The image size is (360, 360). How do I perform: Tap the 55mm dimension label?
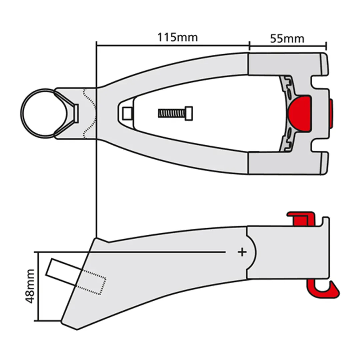click(x=287, y=38)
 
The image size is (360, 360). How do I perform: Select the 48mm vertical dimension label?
click(x=30, y=286)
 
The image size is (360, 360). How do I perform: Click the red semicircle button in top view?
click(x=300, y=113)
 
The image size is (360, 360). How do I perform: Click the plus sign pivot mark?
click(x=242, y=252)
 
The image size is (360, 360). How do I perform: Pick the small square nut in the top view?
click(x=127, y=113)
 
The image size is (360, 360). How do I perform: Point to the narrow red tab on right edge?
click(x=331, y=113)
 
